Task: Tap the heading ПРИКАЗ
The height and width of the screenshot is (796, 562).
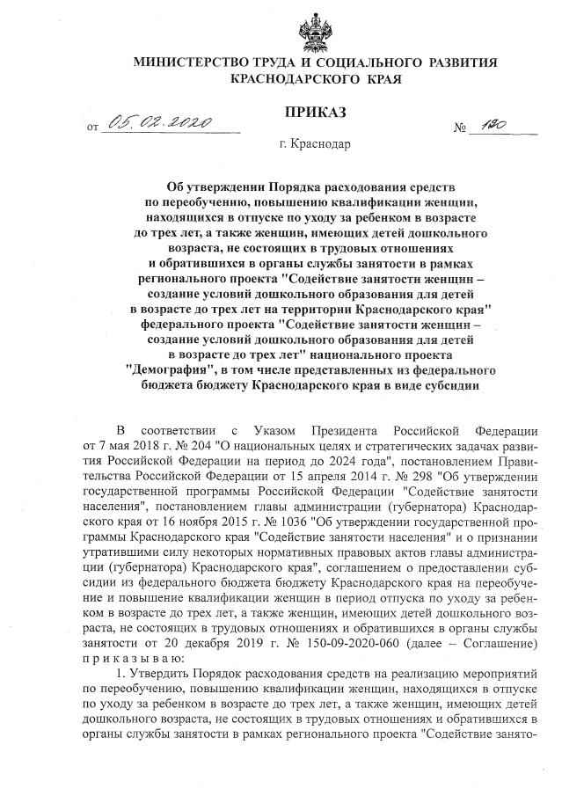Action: (x=313, y=112)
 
